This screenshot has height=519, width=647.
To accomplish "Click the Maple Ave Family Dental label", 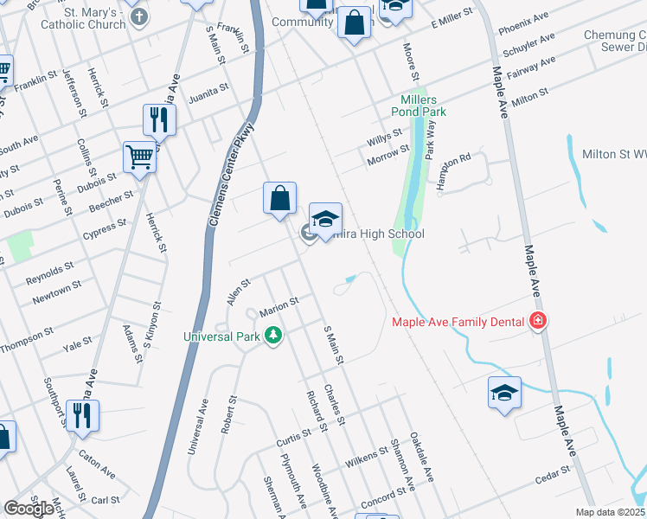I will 458,322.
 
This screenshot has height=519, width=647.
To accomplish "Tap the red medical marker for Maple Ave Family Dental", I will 538,322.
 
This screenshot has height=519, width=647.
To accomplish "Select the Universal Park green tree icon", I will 273,335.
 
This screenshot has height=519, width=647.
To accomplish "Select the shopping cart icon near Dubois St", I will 138,157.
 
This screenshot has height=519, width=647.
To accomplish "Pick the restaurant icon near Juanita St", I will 158,119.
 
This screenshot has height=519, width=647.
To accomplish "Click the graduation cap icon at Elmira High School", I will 325,220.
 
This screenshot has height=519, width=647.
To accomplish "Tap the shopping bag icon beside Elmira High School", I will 280,198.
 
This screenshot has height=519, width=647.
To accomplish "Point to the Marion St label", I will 279,306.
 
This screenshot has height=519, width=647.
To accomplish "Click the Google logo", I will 29,509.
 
